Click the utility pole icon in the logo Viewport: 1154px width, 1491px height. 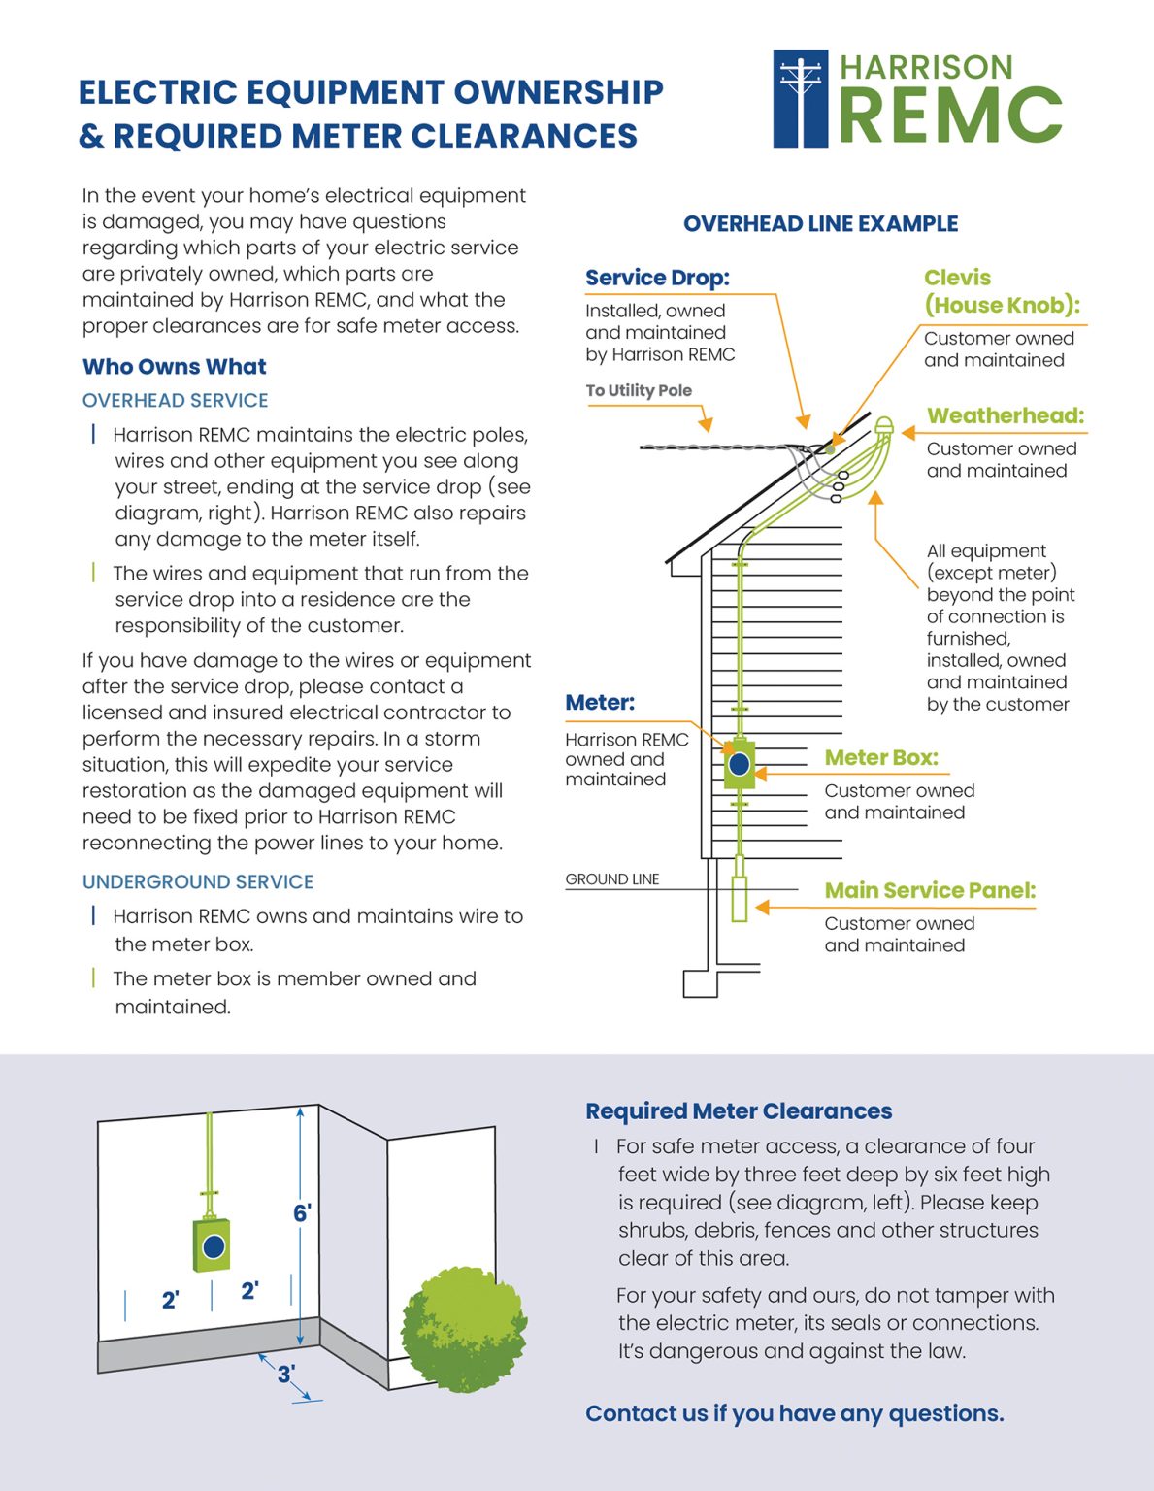(x=801, y=99)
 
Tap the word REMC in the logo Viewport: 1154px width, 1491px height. (x=950, y=116)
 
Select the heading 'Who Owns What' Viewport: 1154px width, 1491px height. (x=175, y=367)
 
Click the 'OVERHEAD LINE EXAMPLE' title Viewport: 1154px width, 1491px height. (x=820, y=224)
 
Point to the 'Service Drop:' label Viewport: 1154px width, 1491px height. (x=657, y=278)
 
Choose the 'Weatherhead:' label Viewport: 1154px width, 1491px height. (x=1005, y=416)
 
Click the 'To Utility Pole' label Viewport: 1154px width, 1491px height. (x=639, y=390)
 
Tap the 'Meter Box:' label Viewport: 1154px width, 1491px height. (x=881, y=758)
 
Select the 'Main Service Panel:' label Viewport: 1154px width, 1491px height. (x=930, y=891)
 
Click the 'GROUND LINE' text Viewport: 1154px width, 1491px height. (x=612, y=879)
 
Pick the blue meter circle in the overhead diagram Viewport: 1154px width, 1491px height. (x=740, y=764)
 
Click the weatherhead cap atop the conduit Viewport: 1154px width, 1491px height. (x=883, y=426)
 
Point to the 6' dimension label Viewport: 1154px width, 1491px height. (x=302, y=1213)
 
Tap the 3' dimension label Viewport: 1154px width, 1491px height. (x=286, y=1375)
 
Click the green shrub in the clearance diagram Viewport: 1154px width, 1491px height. (x=463, y=1328)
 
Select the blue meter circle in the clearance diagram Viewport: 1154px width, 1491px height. (x=214, y=1246)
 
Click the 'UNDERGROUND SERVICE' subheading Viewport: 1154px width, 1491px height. (x=198, y=882)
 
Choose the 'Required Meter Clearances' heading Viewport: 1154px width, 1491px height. (x=739, y=1111)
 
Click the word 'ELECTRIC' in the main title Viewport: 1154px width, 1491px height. (x=157, y=93)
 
